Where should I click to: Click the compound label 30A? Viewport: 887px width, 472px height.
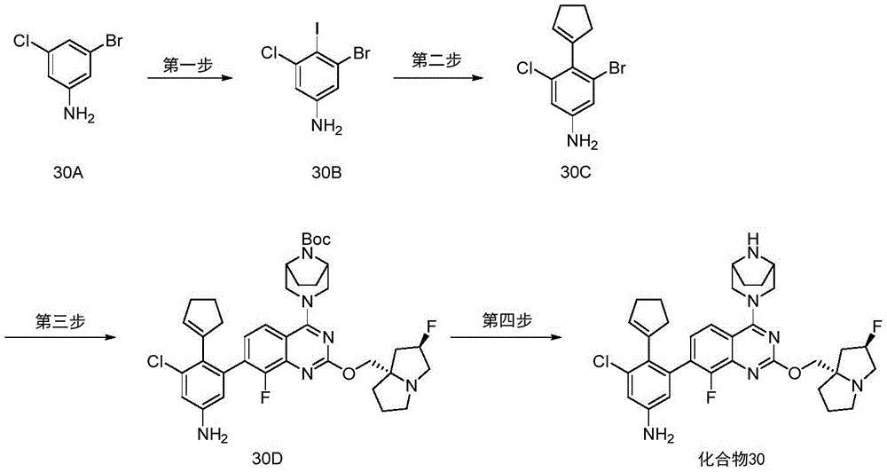[x=70, y=172]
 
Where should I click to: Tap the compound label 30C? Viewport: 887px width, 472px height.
[x=576, y=172]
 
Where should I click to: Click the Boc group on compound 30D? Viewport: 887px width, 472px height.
[x=316, y=239]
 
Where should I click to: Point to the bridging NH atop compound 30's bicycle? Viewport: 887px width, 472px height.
[x=750, y=240]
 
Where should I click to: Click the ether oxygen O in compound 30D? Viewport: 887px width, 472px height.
[x=348, y=373]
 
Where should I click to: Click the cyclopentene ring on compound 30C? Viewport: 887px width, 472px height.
[x=576, y=21]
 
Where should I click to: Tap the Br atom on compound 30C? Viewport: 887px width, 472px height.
[x=617, y=68]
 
